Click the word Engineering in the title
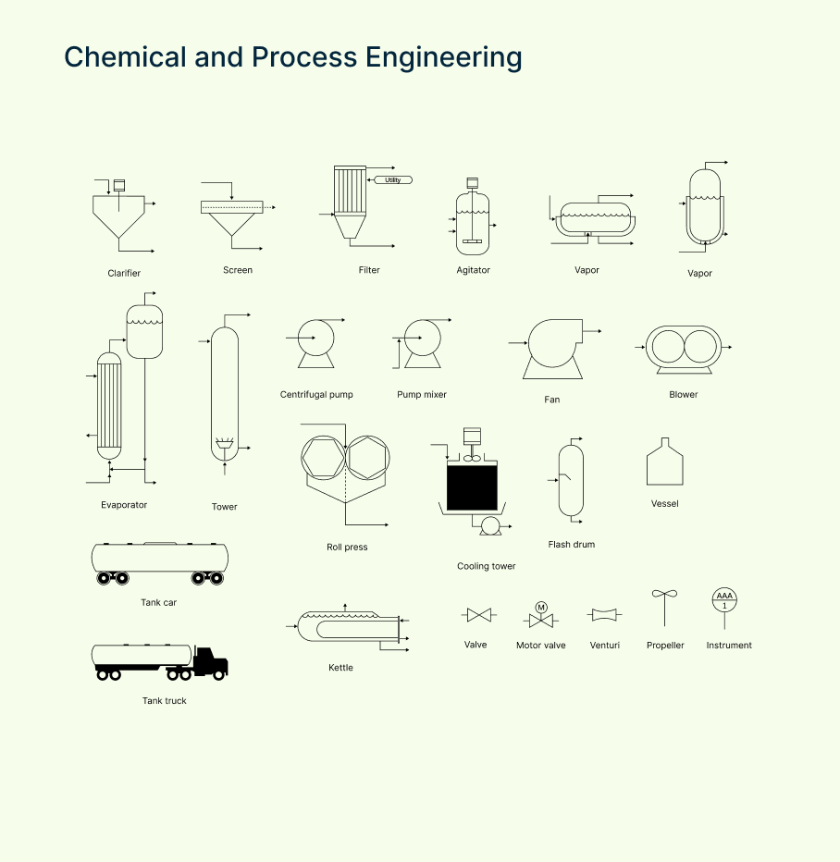pyautogui.click(x=443, y=57)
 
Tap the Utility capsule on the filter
pyautogui.click(x=392, y=179)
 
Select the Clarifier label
pyautogui.click(x=124, y=273)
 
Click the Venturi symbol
pyautogui.click(x=605, y=615)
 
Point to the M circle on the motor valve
pyautogui.click(x=541, y=607)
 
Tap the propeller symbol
pyautogui.click(x=664, y=596)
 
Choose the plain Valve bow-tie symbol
pyautogui.click(x=478, y=615)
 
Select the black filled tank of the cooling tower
pyautogui.click(x=472, y=487)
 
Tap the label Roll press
pyautogui.click(x=347, y=547)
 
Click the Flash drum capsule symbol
pyautogui.click(x=571, y=480)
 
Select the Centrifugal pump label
pyautogui.click(x=316, y=394)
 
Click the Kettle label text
pyautogui.click(x=340, y=667)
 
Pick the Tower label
pyautogui.click(x=224, y=506)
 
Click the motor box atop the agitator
pyautogui.click(x=473, y=182)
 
